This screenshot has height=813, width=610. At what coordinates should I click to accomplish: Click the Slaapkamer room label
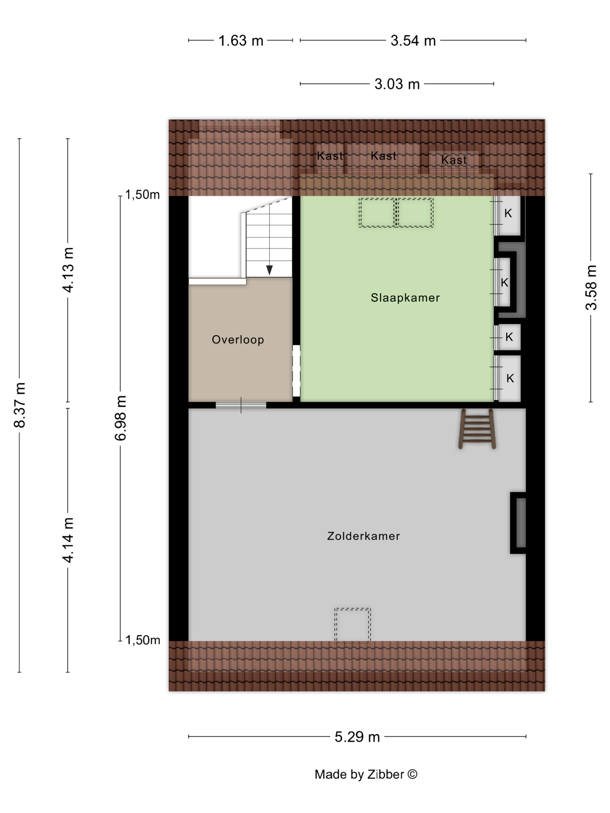(405, 298)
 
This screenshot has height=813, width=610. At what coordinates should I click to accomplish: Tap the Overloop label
(238, 340)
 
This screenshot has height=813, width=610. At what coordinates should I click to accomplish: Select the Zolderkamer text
(363, 536)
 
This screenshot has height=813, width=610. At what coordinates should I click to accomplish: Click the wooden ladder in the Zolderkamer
(477, 429)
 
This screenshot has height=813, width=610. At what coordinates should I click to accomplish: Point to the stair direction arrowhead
(270, 270)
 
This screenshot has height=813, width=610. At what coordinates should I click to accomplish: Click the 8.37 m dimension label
(19, 405)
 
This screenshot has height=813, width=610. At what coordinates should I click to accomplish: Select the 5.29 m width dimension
(357, 737)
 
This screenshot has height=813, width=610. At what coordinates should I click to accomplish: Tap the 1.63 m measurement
(241, 40)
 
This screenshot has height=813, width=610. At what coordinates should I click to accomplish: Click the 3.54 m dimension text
(413, 40)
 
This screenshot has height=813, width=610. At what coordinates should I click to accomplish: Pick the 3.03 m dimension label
(397, 84)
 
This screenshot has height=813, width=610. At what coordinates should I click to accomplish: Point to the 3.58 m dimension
(591, 287)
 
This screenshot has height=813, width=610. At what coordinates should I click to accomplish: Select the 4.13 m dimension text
(68, 270)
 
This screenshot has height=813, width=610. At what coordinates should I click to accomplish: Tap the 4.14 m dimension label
(68, 540)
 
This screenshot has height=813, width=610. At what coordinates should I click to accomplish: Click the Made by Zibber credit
(366, 774)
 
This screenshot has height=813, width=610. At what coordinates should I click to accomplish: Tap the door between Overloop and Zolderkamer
(241, 405)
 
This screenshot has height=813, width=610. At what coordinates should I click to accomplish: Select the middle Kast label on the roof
(383, 156)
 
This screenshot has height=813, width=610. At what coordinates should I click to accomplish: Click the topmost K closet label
(508, 213)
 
